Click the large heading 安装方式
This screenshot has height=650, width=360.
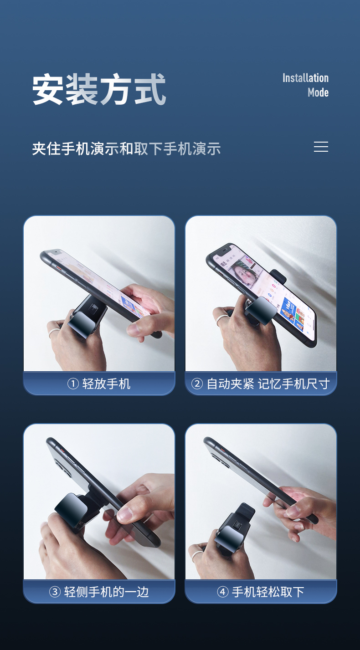99,89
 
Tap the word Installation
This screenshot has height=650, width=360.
305,78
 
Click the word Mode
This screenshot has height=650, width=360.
318,92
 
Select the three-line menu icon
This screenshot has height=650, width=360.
321,147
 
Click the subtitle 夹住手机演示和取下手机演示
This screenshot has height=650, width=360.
126,148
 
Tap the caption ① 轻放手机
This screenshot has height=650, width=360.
99,384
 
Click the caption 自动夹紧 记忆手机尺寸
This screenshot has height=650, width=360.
268,384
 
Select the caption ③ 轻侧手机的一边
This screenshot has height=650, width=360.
99,592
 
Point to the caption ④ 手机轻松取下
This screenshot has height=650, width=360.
260,592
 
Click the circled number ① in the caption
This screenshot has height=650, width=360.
73,384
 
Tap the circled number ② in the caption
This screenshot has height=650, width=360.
197,384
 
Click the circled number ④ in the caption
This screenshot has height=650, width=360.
223,592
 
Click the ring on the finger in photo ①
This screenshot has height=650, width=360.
54,332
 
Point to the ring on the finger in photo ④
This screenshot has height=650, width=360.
196,554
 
